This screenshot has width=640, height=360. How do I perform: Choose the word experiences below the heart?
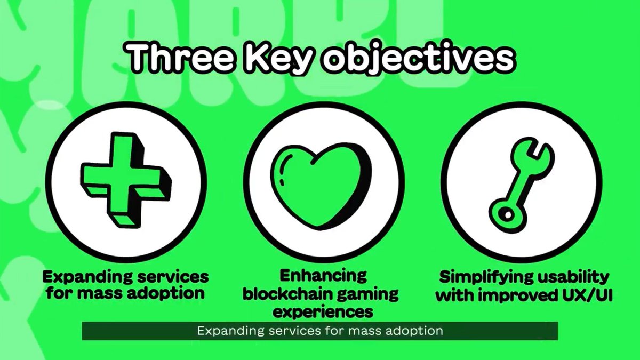coord(321,310)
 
